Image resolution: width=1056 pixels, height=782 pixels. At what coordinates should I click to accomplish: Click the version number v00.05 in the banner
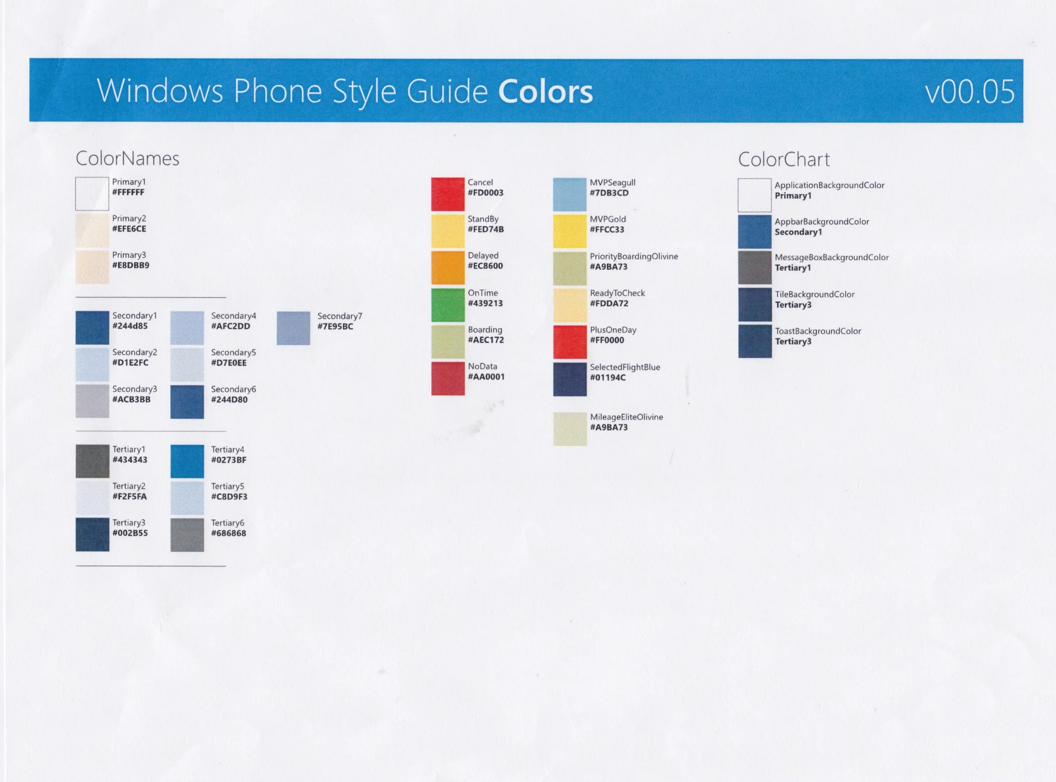point(969,91)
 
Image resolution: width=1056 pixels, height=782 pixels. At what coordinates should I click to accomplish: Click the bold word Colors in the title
point(545,91)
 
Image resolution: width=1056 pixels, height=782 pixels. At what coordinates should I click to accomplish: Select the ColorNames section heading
point(127,158)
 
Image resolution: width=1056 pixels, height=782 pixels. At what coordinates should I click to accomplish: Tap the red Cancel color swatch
point(447,194)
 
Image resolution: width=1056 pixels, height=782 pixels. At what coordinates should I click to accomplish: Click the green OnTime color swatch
point(447,305)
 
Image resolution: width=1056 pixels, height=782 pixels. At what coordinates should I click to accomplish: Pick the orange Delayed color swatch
point(447,267)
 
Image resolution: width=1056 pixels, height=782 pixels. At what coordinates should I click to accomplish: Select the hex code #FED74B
point(486,229)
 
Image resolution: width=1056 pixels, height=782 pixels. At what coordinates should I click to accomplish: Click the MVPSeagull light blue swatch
point(569,194)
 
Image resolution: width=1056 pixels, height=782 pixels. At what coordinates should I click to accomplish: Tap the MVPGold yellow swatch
point(569,231)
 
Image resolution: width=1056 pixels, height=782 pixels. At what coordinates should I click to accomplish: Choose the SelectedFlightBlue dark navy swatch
point(569,379)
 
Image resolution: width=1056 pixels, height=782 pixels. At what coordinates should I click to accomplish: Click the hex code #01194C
point(608,378)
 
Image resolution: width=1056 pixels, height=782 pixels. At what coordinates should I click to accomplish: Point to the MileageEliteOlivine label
point(626,417)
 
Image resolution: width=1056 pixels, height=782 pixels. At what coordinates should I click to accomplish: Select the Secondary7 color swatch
point(294,328)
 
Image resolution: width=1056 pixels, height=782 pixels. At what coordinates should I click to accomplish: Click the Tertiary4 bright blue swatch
point(187,461)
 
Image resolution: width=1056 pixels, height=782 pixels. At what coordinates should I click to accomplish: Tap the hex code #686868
point(229,534)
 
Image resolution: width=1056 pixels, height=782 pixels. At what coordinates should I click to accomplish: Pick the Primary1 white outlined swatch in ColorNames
point(92,193)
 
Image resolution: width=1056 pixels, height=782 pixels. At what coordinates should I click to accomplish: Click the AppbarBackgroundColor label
point(822,221)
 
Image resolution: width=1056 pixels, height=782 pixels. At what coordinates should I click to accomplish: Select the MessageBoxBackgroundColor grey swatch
point(754,267)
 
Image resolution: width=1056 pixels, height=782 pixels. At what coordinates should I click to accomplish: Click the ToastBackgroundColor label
point(818,331)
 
